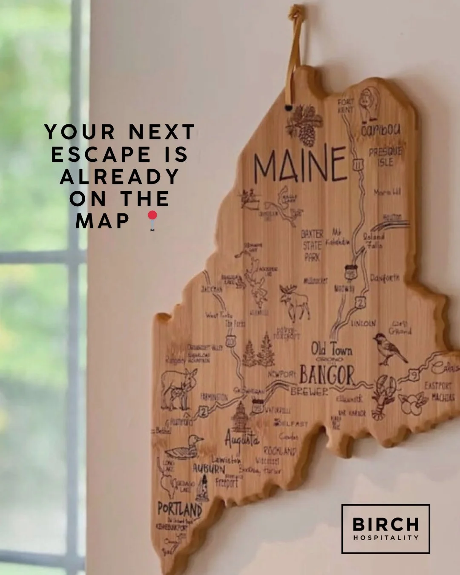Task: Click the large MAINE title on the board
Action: (x=300, y=164)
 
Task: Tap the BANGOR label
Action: (x=327, y=375)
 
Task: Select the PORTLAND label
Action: (x=179, y=509)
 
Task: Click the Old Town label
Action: (x=331, y=350)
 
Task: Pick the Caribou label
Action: (x=381, y=130)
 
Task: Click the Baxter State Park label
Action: (x=312, y=245)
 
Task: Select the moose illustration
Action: (x=294, y=302)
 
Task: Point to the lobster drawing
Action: (x=384, y=396)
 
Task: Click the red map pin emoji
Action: (x=152, y=220)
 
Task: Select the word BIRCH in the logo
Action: (x=385, y=524)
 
